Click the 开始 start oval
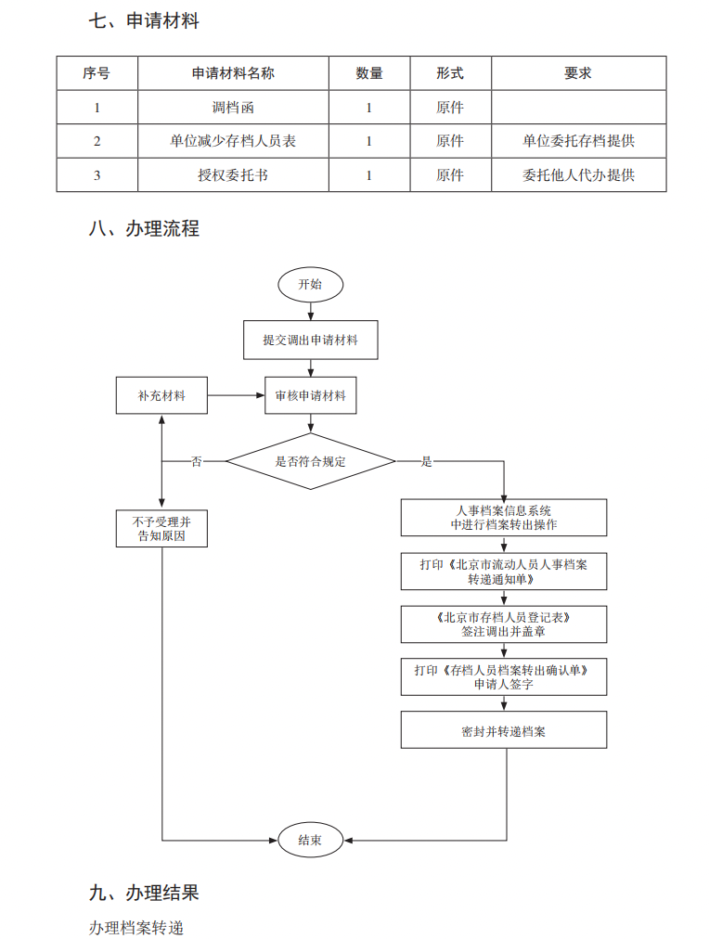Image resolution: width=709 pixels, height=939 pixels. [310, 284]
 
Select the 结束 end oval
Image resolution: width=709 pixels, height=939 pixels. [310, 840]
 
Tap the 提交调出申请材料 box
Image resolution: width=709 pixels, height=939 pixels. [310, 341]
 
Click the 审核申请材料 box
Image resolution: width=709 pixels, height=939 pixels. [310, 395]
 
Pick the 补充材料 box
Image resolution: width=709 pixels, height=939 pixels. [161, 395]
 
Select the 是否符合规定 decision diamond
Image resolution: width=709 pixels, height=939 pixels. [310, 461]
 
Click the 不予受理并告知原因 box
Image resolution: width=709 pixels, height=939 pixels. [161, 528]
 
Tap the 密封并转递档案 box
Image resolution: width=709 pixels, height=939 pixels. [504, 730]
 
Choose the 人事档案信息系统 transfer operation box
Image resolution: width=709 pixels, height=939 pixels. [504, 518]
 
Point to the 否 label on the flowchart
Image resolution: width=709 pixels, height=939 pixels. [196, 461]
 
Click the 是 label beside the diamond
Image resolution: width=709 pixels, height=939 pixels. [427, 461]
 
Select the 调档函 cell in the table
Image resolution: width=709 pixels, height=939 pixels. [233, 108]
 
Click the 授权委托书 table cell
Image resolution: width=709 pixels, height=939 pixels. [233, 174]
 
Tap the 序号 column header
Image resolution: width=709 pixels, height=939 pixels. [97, 73]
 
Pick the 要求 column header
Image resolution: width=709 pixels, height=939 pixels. [578, 73]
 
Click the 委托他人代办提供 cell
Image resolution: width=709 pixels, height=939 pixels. [578, 174]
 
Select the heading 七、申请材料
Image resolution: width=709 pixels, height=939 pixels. [144, 20]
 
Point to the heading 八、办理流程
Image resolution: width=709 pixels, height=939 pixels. [144, 228]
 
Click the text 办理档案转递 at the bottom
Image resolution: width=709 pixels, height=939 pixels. [136, 927]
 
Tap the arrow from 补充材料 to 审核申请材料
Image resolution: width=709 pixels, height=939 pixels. [236, 395]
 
